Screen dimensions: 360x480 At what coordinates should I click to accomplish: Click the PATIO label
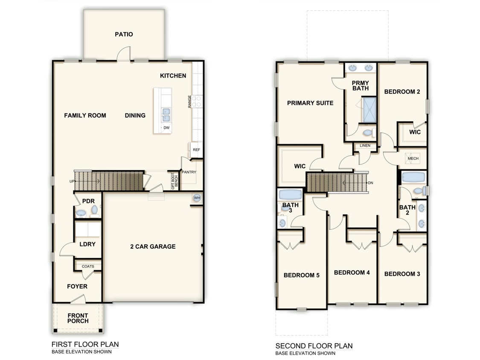pos(124,34)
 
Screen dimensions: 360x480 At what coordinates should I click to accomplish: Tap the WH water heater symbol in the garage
pos(197,198)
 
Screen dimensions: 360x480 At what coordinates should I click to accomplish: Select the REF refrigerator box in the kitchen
pos(196,150)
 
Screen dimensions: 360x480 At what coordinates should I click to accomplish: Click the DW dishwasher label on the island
pos(166,128)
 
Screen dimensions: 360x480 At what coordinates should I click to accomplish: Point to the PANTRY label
pos(188,172)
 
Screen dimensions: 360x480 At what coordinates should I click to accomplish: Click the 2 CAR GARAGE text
pos(153,247)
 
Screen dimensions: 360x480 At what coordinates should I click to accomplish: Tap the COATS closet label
pos(88,267)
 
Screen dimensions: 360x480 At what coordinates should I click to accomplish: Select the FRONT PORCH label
pos(78,319)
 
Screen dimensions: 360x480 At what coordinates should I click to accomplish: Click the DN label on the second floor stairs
pos(370,183)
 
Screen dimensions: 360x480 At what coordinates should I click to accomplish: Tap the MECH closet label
pos(413,158)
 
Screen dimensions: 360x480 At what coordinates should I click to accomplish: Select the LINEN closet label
pos(365,146)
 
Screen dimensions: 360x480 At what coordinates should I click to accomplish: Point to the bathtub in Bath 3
pos(290,195)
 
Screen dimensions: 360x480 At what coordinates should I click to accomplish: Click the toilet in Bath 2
pos(419,191)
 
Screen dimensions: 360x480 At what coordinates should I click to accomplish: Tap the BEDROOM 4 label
pos(352,273)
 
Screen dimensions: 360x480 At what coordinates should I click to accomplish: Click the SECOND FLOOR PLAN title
pos(314,345)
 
